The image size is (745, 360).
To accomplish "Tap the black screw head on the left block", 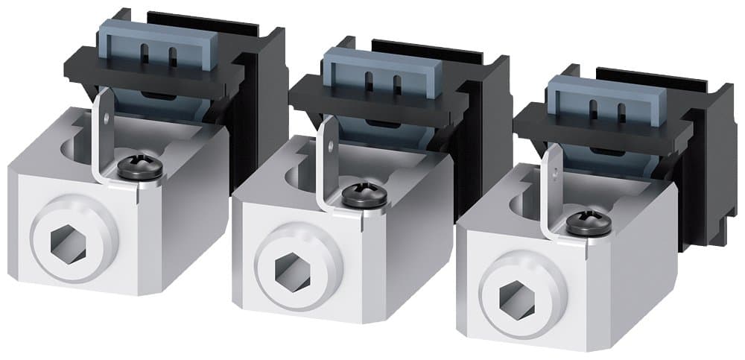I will tap(140, 168).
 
